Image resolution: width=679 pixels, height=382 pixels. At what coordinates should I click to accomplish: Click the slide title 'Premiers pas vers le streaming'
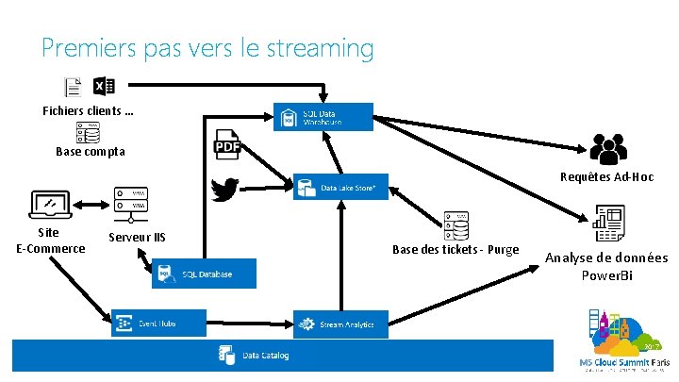(x=207, y=47)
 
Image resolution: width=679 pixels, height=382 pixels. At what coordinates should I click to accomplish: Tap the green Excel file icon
(x=103, y=88)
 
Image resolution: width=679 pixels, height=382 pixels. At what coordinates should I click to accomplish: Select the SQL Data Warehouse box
(x=323, y=117)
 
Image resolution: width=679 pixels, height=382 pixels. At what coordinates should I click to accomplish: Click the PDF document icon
(x=229, y=145)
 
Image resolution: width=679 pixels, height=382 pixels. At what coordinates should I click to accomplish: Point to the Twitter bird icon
(x=224, y=191)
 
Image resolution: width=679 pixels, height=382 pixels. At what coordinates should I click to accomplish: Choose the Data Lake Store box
(x=340, y=187)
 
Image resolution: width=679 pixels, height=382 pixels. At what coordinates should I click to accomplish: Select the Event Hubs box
(x=157, y=324)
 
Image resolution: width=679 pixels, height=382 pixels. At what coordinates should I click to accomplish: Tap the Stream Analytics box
(x=340, y=324)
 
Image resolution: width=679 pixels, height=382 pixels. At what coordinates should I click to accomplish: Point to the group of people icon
(x=608, y=149)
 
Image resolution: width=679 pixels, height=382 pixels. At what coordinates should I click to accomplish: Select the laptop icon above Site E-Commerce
(x=48, y=204)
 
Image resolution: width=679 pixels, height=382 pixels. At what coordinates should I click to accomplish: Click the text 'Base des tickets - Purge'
(x=455, y=249)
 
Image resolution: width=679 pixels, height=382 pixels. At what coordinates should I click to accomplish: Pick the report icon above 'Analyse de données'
(x=606, y=224)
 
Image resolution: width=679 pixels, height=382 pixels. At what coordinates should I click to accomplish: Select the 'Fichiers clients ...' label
(x=88, y=111)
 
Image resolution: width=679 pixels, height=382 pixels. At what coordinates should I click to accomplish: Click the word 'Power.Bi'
(x=606, y=274)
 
